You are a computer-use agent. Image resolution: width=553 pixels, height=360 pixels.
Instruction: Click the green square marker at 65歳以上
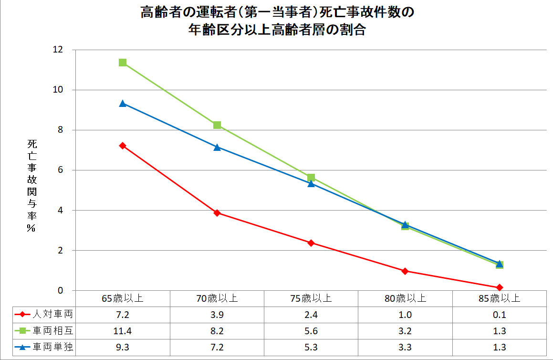tap(123, 63)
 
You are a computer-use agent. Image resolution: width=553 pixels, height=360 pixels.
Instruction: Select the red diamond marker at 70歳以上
tap(217, 213)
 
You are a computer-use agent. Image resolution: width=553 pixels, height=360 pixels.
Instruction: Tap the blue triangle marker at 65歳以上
tap(123, 103)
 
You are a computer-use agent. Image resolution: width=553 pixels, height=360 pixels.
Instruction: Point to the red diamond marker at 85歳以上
tap(500, 287)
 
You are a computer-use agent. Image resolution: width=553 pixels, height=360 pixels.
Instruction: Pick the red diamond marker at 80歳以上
tap(405, 271)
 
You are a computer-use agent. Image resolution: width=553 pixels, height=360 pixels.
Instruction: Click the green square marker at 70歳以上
tap(217, 125)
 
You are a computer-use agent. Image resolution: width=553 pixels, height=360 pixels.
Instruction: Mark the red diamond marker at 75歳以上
tap(311, 243)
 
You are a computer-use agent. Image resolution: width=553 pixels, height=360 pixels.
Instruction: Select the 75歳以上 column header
tap(311, 299)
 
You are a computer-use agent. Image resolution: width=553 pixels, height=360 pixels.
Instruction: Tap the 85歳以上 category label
tap(500, 299)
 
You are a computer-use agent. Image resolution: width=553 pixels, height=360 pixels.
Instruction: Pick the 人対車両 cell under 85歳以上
tap(500, 315)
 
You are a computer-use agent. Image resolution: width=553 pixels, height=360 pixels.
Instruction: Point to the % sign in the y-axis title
tap(31, 229)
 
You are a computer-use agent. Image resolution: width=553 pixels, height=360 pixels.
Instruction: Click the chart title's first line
tap(277, 12)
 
